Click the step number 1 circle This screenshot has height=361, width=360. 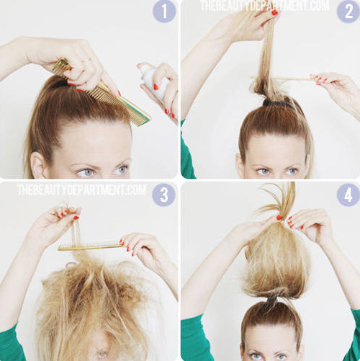click(x=164, y=12)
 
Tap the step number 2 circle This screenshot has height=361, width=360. click(x=348, y=12)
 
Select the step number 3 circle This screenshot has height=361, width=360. click(x=164, y=195)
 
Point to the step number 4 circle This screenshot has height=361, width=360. click(x=348, y=195)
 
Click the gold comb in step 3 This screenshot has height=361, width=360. click(x=90, y=246)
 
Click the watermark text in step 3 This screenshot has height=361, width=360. click(x=81, y=190)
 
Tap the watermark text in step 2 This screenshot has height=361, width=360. click(x=264, y=6)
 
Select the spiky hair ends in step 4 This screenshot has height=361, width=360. click(x=276, y=200)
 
